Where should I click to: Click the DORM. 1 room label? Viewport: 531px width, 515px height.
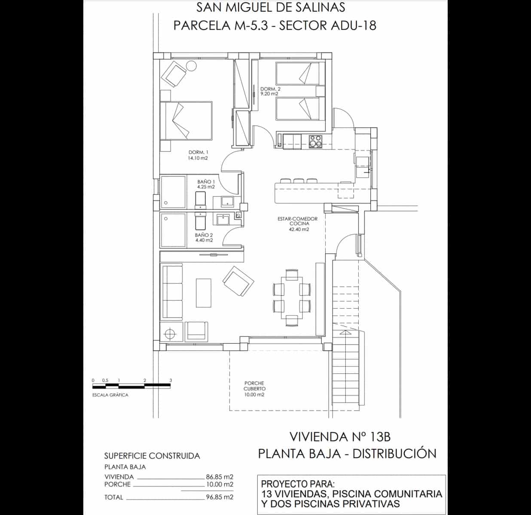pos(198,155)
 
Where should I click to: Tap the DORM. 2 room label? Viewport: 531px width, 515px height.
pos(269,91)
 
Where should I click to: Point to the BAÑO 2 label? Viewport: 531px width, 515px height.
pos(204,238)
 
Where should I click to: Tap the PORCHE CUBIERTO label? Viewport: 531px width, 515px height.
pos(254,389)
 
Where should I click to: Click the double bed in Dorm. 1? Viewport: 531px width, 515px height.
pos(186,121)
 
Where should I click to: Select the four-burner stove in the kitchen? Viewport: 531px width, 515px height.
pos(316,141)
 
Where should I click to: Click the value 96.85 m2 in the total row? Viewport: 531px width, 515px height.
pos(219,497)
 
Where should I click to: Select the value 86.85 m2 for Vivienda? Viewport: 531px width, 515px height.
pos(219,477)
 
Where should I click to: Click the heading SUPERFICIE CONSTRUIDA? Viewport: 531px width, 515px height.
pos(152,456)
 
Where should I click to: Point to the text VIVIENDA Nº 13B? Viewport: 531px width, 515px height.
pos(340,437)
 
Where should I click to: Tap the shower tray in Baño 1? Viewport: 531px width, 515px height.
pos(173,191)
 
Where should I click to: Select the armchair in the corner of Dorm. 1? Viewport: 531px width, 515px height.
pos(174,74)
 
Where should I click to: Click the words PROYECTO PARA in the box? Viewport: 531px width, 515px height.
pos(297,484)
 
